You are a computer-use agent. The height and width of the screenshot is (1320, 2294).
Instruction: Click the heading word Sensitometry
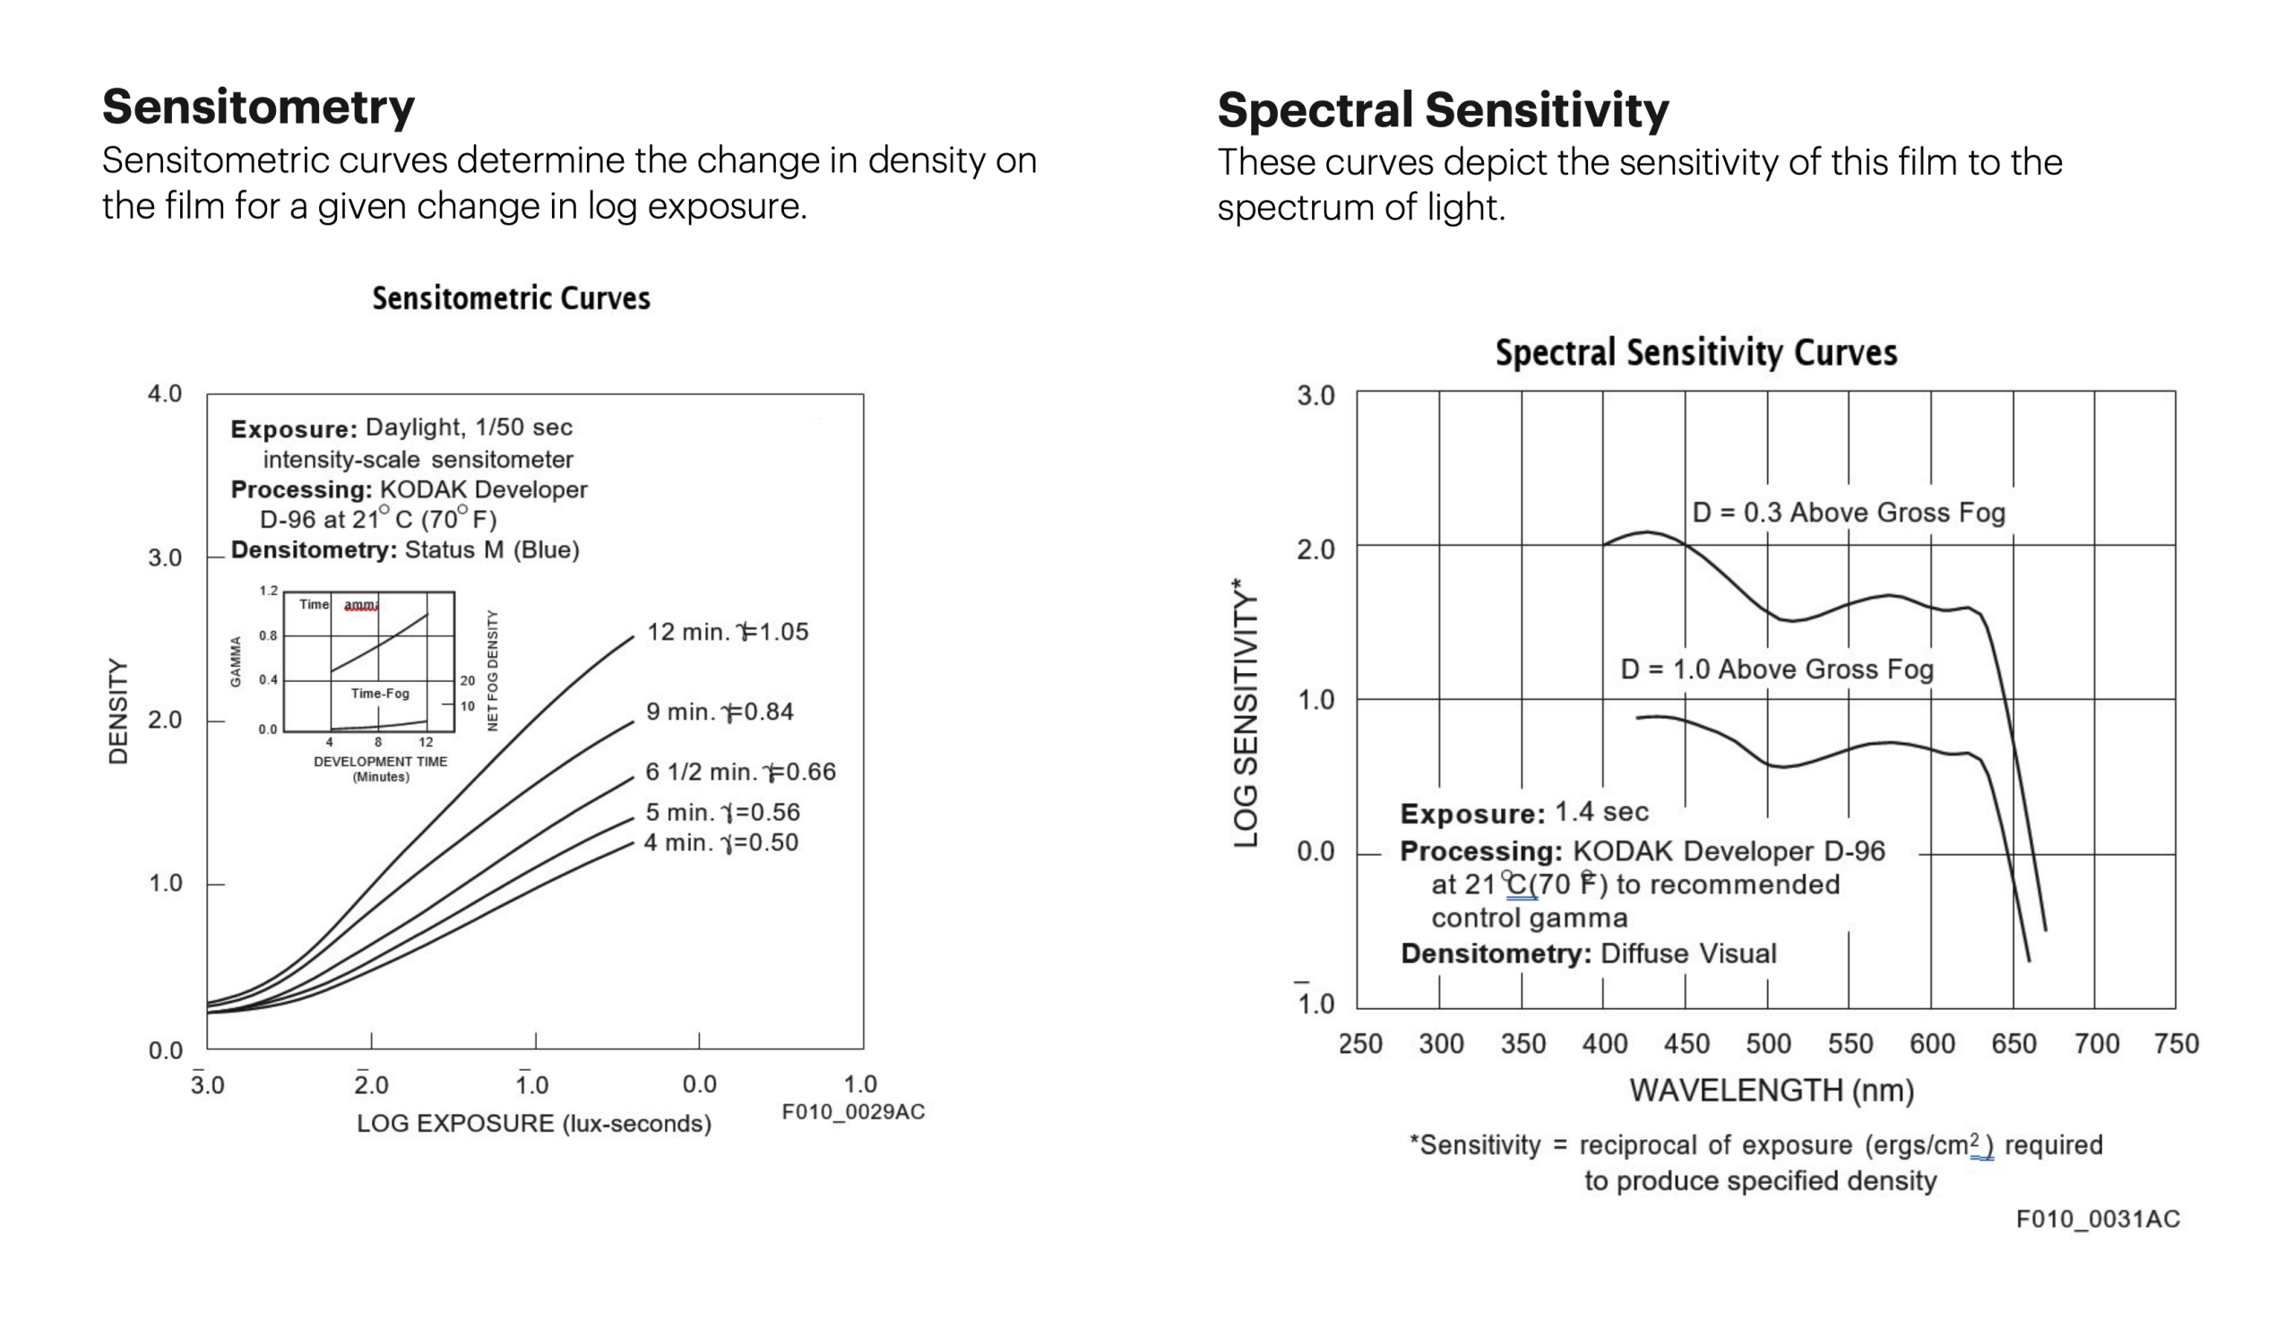pos(258,107)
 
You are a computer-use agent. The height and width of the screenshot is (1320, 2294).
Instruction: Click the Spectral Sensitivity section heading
pos(1442,109)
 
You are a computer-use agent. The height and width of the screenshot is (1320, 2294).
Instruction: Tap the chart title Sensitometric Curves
pos(511,298)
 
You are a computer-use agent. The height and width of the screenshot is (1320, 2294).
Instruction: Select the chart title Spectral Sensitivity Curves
pos(1695,353)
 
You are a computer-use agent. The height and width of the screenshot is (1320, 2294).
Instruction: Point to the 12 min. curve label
pos(727,632)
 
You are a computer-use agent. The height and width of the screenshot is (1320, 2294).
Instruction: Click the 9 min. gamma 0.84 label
pos(720,712)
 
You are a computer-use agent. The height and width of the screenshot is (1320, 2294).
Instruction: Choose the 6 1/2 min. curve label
pos(739,772)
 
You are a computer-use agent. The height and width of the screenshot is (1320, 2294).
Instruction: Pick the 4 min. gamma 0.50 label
pos(720,842)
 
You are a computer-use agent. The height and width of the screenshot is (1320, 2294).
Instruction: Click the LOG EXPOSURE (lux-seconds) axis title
pos(534,1123)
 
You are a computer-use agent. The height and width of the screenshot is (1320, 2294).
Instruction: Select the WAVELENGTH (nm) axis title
pos(1771,1090)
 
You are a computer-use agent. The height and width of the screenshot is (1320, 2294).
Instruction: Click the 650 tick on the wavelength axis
pos(2013,1044)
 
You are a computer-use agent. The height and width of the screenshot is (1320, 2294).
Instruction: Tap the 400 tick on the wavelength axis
pos(1604,1044)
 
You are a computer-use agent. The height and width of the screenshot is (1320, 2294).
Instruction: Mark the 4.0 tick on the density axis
pos(165,393)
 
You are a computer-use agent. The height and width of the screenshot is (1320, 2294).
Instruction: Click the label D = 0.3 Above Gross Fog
pos(1848,513)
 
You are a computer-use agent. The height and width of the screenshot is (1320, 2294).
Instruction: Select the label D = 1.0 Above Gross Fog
pos(1776,670)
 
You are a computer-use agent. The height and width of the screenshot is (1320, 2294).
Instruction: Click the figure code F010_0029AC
pos(853,1111)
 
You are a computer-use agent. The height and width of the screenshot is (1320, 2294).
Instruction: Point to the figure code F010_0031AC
pos(2098,1220)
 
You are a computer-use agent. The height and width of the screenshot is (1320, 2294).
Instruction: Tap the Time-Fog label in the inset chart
pos(380,694)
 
